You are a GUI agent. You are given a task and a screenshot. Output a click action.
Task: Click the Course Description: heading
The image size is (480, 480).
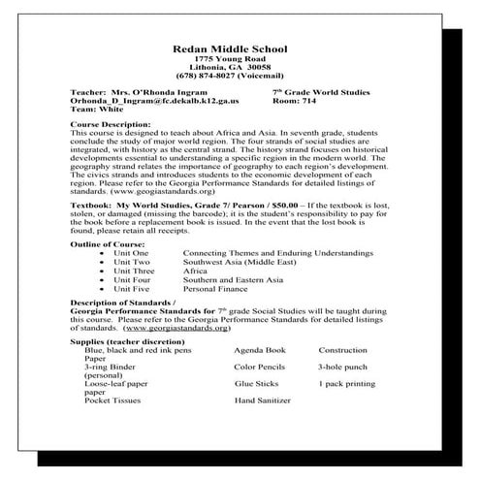click(112, 126)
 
